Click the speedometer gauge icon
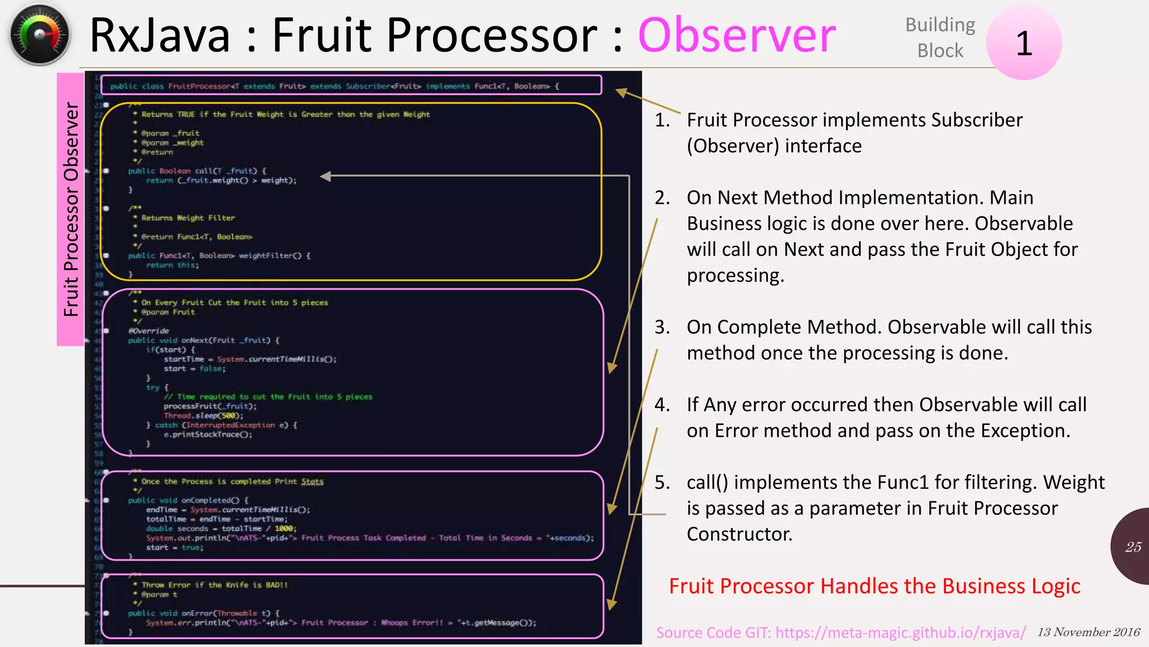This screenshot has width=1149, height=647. tap(39, 35)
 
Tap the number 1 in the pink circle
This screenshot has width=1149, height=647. tap(1024, 43)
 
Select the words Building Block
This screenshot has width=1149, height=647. tap(940, 38)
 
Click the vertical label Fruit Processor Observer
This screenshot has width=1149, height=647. tap(71, 209)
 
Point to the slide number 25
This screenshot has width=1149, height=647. tap(1133, 547)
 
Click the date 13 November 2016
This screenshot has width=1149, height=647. tap(1088, 632)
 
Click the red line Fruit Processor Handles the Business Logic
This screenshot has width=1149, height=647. tap(874, 586)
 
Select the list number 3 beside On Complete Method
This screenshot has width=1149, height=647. tap(662, 327)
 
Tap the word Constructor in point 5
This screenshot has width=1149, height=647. tap(739, 534)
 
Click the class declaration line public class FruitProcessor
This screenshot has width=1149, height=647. tap(334, 86)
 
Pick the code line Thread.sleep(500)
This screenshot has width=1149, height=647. tap(204, 416)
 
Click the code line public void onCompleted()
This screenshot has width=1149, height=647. tap(188, 500)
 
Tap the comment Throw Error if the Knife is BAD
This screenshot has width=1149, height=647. tap(214, 585)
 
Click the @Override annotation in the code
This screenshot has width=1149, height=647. tap(149, 331)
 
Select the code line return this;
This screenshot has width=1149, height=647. tap(172, 265)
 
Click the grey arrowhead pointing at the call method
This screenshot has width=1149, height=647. tap(325, 176)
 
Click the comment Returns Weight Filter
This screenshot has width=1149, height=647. tap(188, 218)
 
